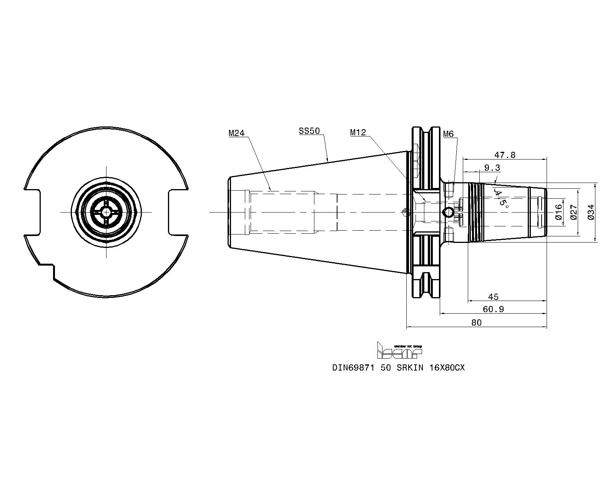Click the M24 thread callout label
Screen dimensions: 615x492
[236, 133]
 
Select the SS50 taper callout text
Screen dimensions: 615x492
[309, 131]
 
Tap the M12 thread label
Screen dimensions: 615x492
[358, 132]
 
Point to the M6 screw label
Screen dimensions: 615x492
[449, 134]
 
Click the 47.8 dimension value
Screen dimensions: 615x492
[505, 155]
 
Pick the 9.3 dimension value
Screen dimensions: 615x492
[492, 168]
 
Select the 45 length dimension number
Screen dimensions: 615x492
[493, 297]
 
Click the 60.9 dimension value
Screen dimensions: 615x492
[493, 309]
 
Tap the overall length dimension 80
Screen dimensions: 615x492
[476, 322]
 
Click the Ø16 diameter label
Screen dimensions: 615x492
[559, 212]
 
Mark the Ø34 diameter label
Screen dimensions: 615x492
[591, 212]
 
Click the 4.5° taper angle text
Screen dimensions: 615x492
[501, 198]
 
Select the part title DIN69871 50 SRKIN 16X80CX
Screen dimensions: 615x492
[398, 367]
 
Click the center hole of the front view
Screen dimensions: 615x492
[106, 213]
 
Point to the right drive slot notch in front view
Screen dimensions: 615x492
[178, 213]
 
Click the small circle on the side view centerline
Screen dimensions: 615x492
[447, 213]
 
